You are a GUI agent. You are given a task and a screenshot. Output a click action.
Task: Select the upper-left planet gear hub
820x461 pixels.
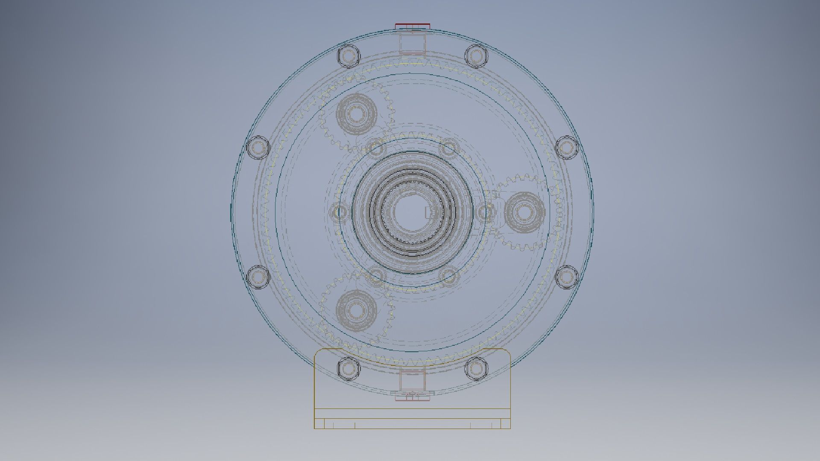[356, 113]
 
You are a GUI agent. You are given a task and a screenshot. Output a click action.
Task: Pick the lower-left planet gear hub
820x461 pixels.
[356, 309]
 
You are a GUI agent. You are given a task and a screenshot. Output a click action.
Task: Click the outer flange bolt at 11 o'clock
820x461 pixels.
[348, 55]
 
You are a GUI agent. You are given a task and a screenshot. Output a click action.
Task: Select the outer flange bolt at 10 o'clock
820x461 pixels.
[258, 147]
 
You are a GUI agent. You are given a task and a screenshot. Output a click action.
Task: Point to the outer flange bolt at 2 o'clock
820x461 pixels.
[566, 147]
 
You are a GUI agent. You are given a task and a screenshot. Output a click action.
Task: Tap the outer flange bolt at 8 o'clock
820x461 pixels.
[258, 277]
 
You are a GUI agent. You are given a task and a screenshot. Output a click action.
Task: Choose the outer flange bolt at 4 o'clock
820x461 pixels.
[566, 277]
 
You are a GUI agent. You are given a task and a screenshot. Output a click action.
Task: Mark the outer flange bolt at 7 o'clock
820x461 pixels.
[348, 368]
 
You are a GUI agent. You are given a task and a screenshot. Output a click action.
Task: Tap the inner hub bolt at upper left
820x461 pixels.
[376, 148]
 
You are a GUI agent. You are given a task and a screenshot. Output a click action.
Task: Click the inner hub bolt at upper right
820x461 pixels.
[449, 148]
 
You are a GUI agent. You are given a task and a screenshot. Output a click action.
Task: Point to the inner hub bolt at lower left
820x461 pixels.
[376, 276]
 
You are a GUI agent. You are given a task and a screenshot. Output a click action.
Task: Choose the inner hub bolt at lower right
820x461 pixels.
[449, 276]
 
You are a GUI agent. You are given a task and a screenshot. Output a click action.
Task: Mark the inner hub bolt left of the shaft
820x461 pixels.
[340, 212]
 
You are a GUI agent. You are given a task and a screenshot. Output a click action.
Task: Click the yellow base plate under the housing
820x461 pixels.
[412, 418]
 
